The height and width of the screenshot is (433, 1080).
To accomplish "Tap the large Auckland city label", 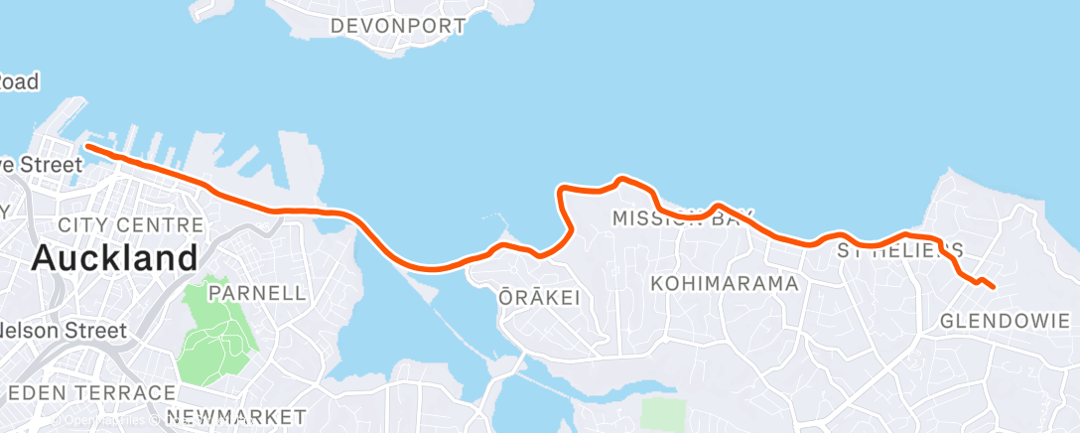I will coord(114,259).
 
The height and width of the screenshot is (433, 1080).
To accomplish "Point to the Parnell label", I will coord(257,293).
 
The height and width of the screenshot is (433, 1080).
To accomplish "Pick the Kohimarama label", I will coord(725,284).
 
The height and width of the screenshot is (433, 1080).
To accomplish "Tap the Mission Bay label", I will coord(682,217).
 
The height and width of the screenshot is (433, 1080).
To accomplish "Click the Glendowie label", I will coord(1005,321).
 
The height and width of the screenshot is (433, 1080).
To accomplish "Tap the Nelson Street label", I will coord(64,331).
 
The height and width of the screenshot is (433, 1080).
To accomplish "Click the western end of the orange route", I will coord(88,147).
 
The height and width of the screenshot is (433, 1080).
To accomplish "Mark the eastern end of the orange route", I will coord(993,288).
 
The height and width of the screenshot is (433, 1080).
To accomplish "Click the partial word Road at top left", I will coord(19,82).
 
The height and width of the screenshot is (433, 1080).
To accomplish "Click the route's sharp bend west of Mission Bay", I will coord(563,188).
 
